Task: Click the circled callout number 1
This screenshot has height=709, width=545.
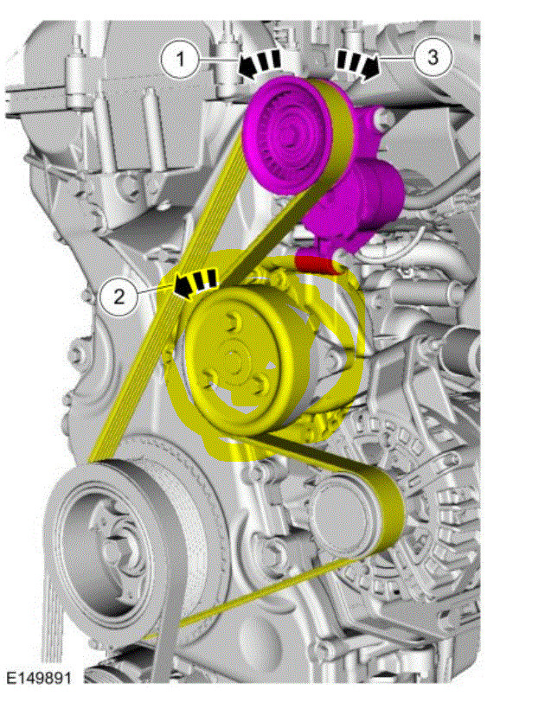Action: pos(180,59)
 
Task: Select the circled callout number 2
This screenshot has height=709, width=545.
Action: pos(119,297)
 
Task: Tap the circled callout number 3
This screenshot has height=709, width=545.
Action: pos(433,57)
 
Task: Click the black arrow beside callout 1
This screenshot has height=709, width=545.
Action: pos(260,65)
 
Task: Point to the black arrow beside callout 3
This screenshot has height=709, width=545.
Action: pos(358,64)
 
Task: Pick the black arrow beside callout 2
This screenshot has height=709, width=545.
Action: pos(196,283)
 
